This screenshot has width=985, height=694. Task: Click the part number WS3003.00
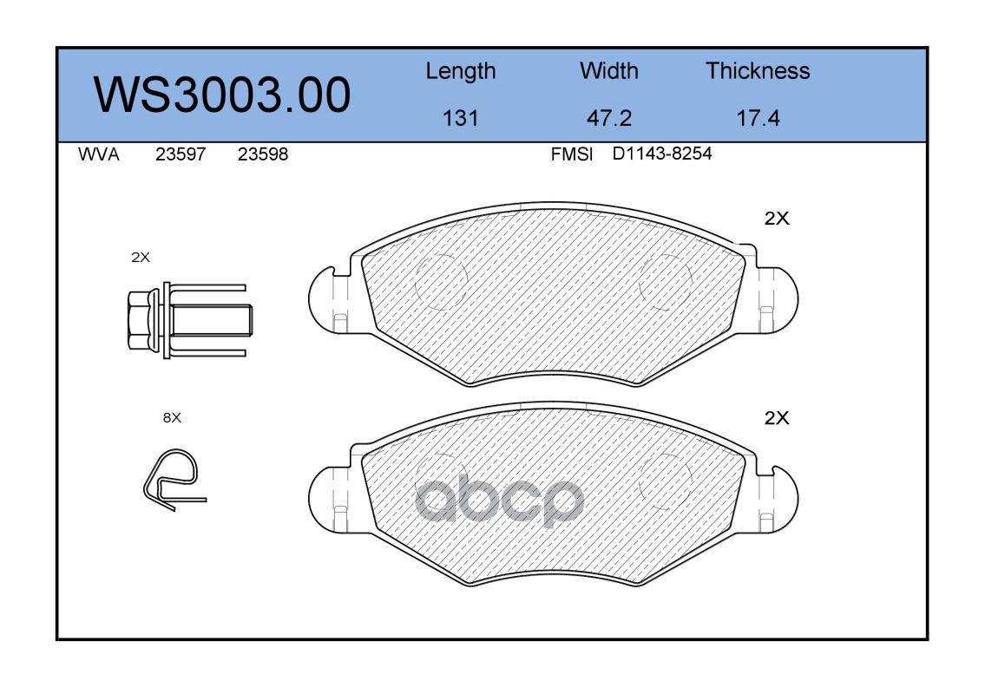tap(222, 95)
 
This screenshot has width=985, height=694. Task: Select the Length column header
tap(461, 72)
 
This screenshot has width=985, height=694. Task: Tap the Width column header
tap(608, 70)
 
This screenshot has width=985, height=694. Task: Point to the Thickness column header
tap(758, 70)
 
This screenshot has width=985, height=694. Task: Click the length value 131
tap(461, 118)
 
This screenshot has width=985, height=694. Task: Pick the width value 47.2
tap(608, 118)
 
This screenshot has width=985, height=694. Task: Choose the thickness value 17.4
tap(758, 118)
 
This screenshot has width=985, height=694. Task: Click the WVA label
tap(99, 154)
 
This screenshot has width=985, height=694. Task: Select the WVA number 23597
tap(181, 154)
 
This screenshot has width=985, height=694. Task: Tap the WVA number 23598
tap(263, 154)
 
